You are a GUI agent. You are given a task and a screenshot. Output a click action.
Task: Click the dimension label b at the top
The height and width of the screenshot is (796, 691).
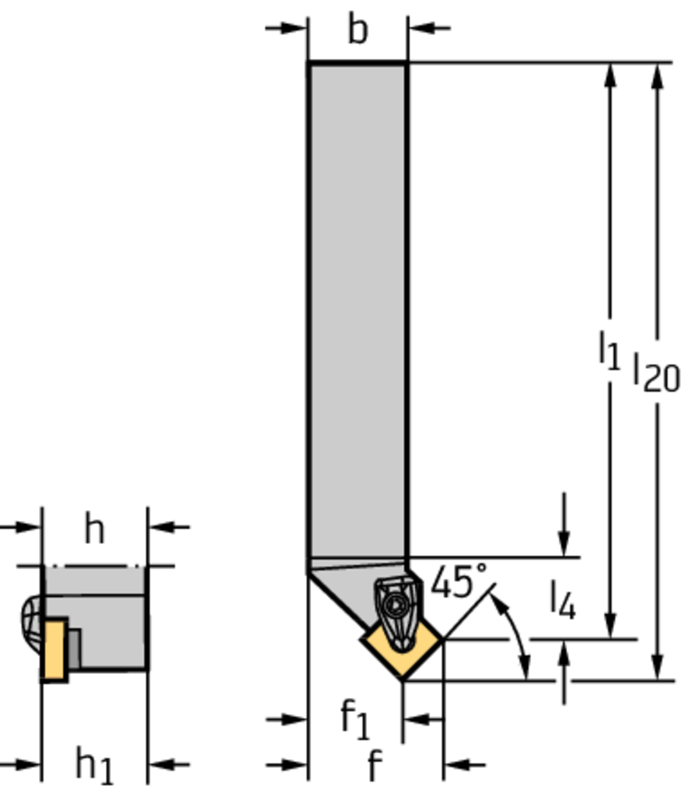pyautogui.click(x=357, y=30)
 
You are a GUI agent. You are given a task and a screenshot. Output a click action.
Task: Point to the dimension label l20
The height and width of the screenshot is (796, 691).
pyautogui.click(x=655, y=372)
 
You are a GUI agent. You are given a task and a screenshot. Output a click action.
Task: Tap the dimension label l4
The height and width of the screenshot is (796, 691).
pyautogui.click(x=563, y=600)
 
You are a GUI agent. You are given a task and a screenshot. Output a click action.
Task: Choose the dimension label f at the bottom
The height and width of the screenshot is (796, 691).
pyautogui.click(x=374, y=766)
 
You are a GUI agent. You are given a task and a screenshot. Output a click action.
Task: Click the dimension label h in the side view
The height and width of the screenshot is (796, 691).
pyautogui.click(x=94, y=530)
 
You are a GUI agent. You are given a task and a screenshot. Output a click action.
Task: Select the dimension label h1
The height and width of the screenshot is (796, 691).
pyautogui.click(x=94, y=765)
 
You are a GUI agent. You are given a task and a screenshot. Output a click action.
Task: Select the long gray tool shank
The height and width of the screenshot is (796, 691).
pyautogui.click(x=358, y=311)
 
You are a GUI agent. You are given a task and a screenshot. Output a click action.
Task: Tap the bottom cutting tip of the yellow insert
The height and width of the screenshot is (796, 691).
pyautogui.click(x=403, y=679)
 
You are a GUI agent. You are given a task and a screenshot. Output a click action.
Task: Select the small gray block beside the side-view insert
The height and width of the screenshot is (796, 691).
pyautogui.click(x=74, y=648)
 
